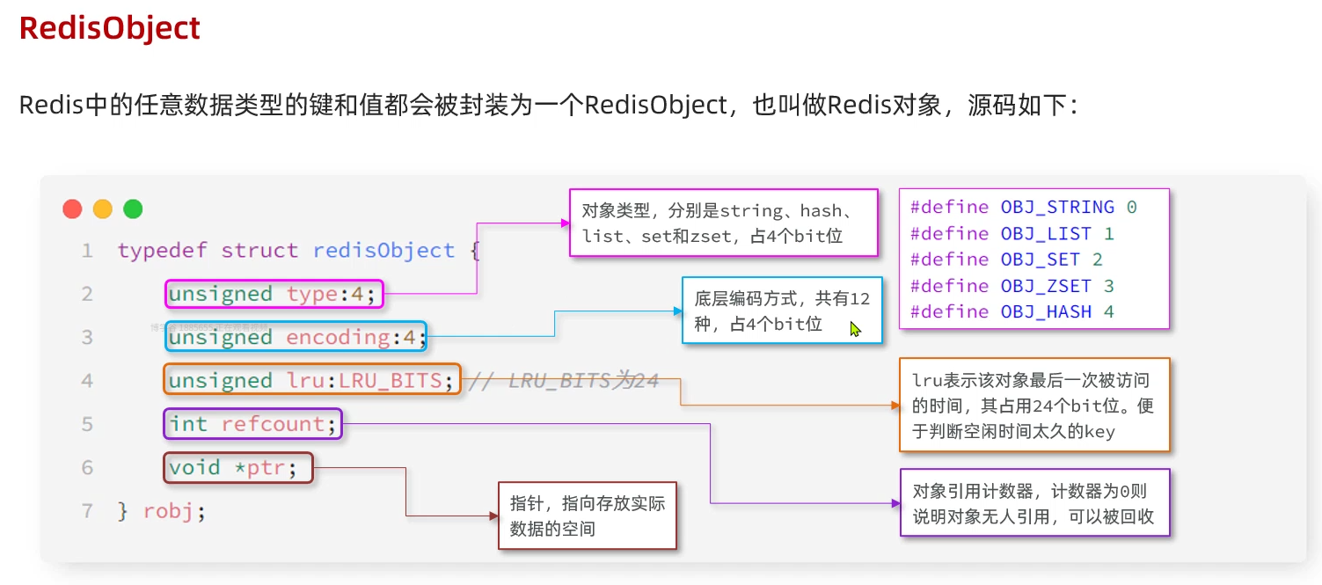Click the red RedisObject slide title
pos(110,28)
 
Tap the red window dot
pos(72,209)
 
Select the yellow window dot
pos(103,209)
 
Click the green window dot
pos(133,209)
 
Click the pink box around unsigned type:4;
pos(274,294)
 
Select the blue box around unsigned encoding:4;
pos(296,337)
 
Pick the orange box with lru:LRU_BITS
pos(312,380)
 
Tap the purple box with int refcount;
pos(252,424)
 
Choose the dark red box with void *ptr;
pos(238,467)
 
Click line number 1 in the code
pos(87,251)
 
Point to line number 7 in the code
pos(87,511)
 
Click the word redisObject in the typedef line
pos(383,251)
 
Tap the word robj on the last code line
pos(168,511)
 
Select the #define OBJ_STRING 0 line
pos(1023,208)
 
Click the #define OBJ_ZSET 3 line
pos(1012,286)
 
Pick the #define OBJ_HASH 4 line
pos(1012,311)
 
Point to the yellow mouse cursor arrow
pos(855,329)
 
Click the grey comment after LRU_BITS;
pos(563,381)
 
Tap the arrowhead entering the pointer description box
pos(493,516)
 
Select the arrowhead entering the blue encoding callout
pos(677,311)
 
